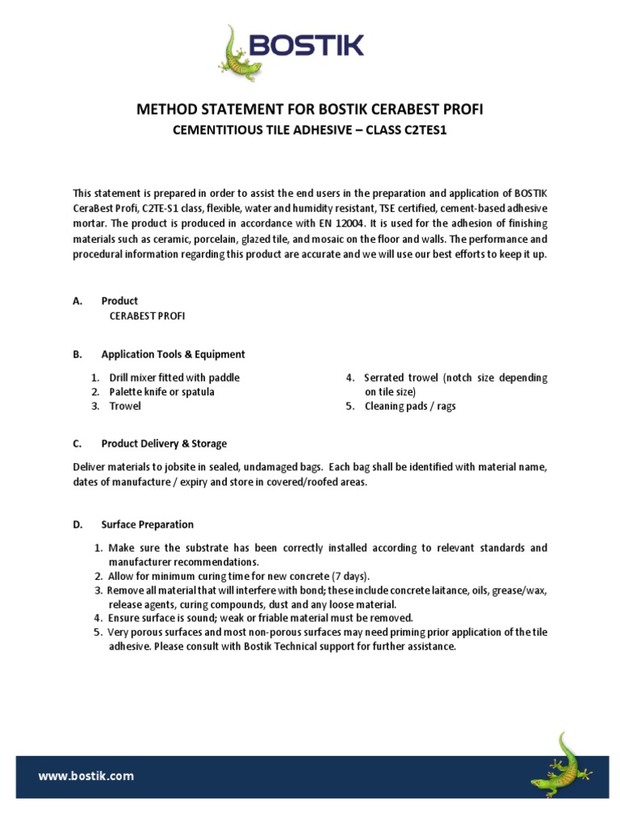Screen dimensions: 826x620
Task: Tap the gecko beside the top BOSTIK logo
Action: (x=235, y=55)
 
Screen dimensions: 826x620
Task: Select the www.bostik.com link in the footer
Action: (x=86, y=776)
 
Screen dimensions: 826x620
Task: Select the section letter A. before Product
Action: (x=77, y=301)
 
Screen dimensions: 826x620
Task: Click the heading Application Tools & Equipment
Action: (x=173, y=354)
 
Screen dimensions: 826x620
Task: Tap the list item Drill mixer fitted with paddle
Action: (x=174, y=378)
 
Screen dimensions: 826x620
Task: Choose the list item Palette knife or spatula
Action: (x=161, y=392)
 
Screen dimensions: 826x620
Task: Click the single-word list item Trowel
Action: (x=125, y=406)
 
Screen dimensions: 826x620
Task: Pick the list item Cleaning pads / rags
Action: (x=409, y=406)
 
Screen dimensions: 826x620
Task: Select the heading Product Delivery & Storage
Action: (x=164, y=444)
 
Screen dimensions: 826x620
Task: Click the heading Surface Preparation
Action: (x=147, y=524)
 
